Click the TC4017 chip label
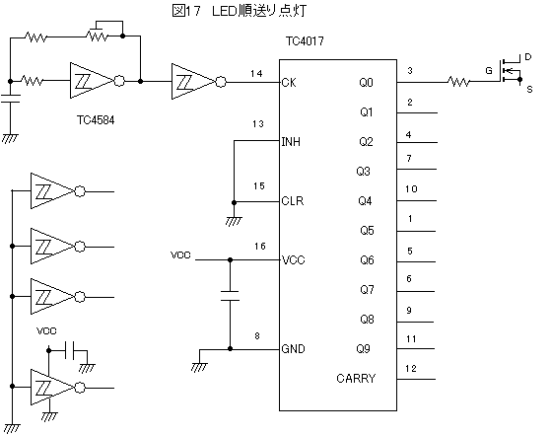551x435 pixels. tap(305, 41)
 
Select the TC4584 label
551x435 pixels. tap(96, 120)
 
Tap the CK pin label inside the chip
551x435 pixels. tap(289, 83)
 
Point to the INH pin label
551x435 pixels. tap(291, 142)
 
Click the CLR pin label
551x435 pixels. tap(293, 201)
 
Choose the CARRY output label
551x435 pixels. tap(356, 379)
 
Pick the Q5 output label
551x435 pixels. tap(367, 231)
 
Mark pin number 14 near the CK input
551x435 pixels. tap(256, 74)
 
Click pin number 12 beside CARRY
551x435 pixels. tap(411, 369)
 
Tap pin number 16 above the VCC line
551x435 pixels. tap(260, 247)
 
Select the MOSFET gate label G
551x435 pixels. tap(489, 71)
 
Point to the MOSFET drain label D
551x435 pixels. tap(527, 57)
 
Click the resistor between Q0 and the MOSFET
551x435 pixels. tap(458, 82)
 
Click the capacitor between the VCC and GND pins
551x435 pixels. tap(231, 296)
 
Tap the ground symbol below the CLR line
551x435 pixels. tap(234, 221)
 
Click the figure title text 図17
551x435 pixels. tap(186, 11)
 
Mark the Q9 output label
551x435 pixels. tap(363, 349)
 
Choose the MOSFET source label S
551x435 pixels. tap(529, 90)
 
